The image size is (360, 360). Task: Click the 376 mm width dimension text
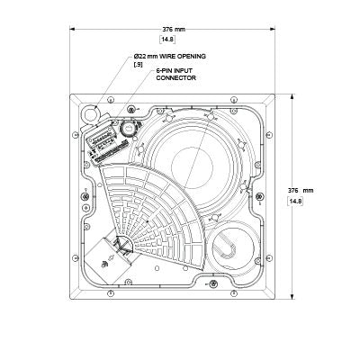coord(174,30)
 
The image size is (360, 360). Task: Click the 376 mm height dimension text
coord(301,191)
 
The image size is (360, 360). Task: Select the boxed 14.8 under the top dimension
coord(167,40)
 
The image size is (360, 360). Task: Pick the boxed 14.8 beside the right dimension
coord(295,202)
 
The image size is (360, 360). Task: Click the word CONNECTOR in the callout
coord(176,78)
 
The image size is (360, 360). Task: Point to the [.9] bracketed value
coord(139,64)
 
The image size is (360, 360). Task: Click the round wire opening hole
coord(90,112)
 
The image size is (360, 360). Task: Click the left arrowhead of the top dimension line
coord(72,29)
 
